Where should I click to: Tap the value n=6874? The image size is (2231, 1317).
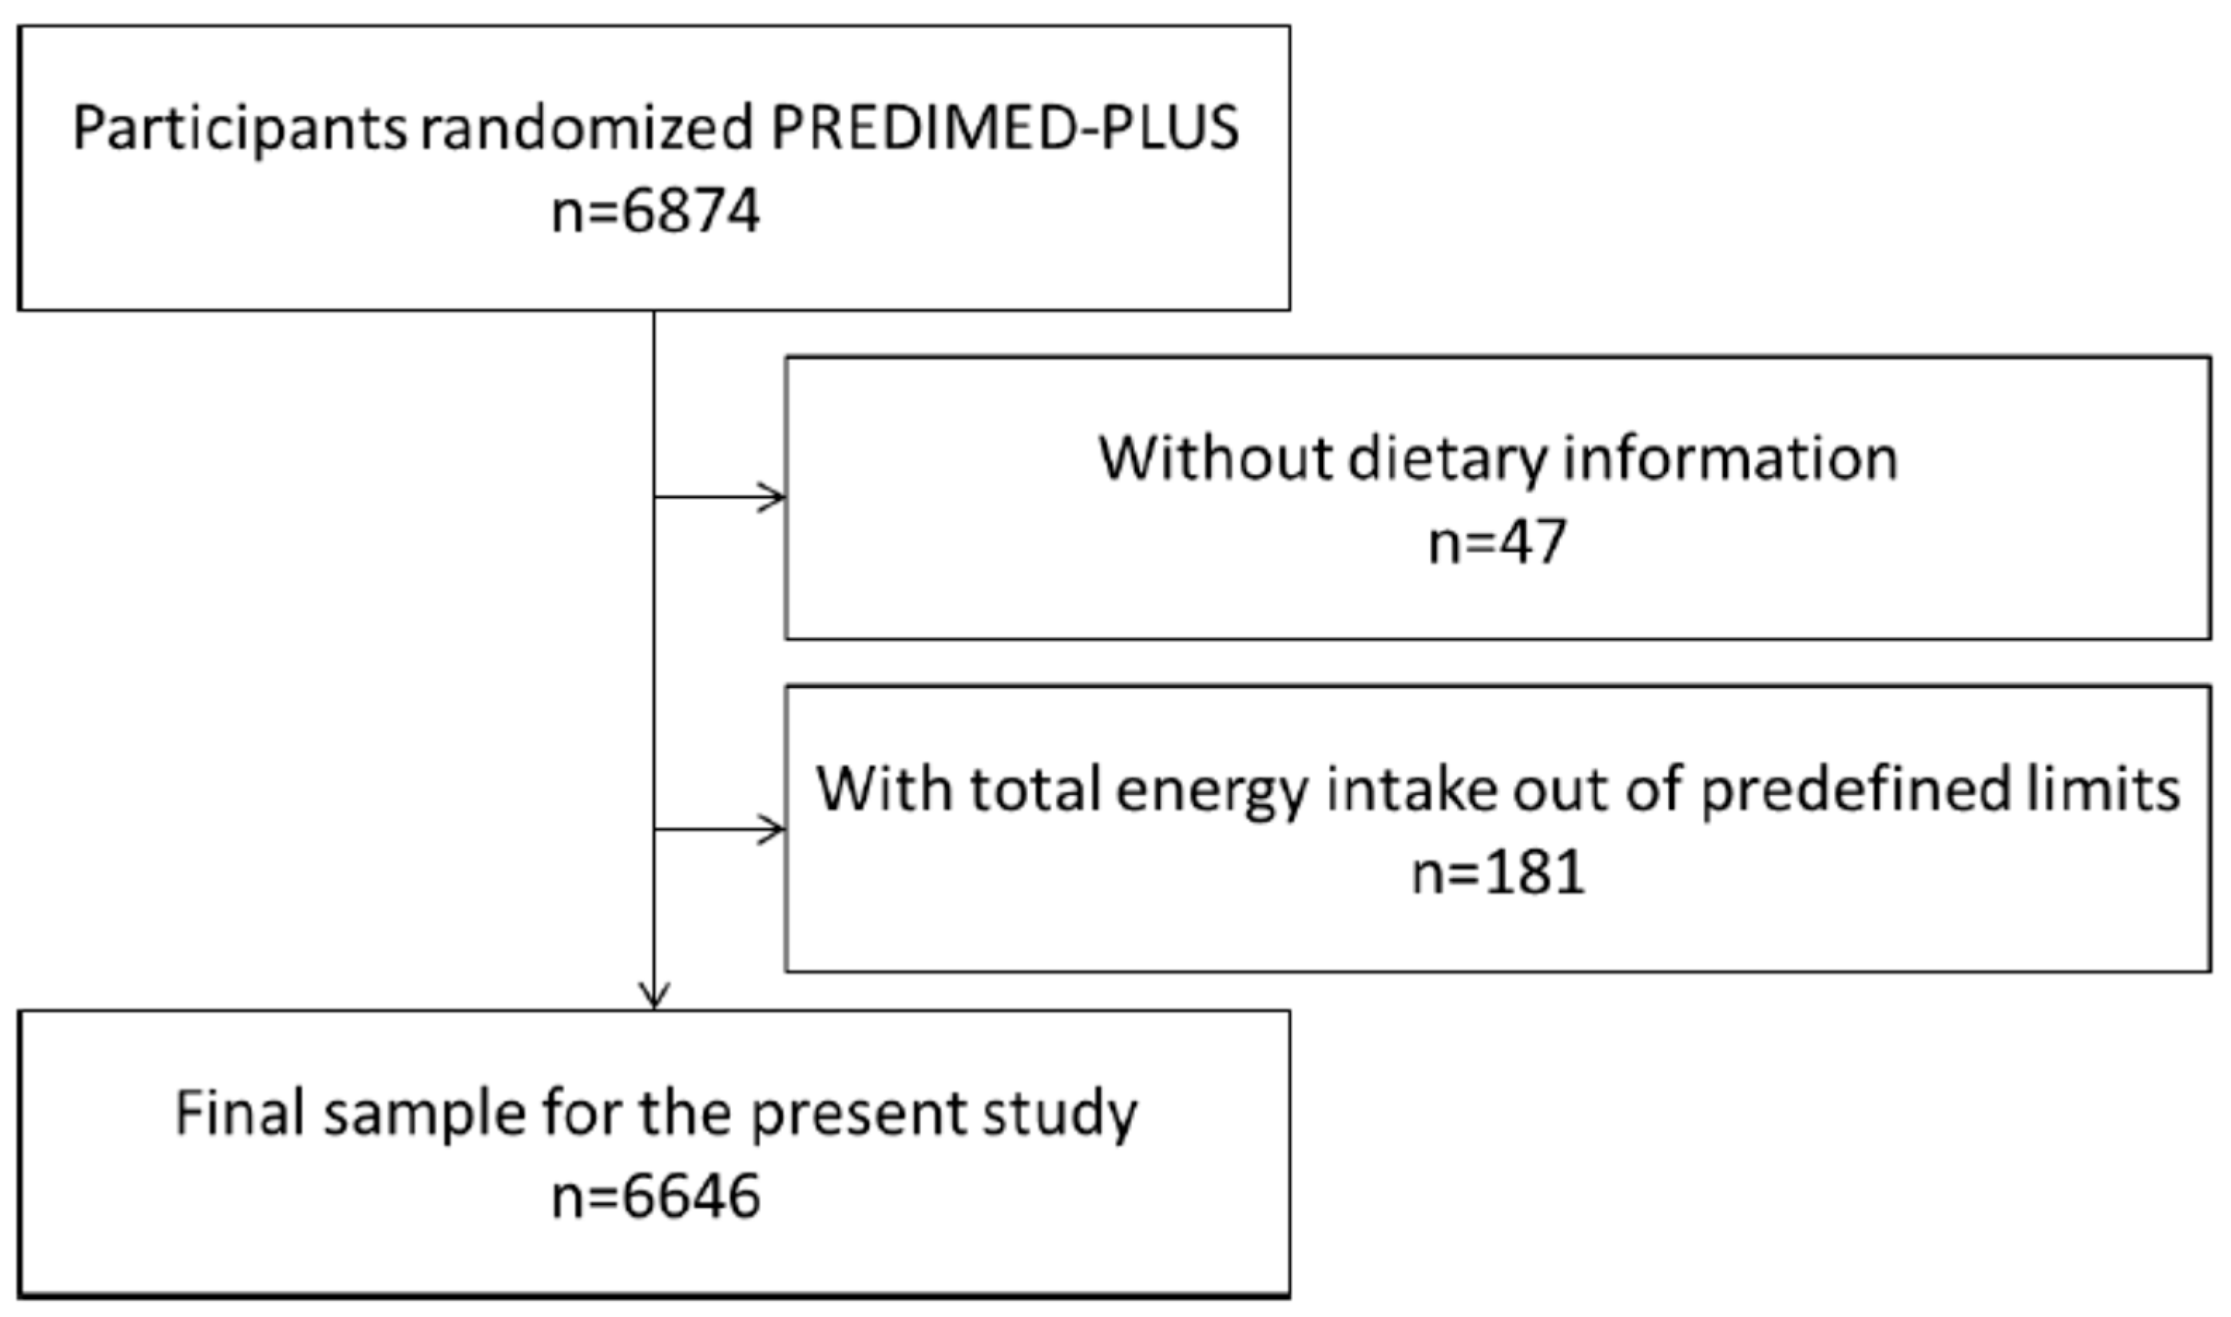coord(655,213)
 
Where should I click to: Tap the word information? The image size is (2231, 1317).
coord(1729,459)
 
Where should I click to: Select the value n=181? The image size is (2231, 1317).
coord(1498,873)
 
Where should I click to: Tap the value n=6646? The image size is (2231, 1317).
coord(655,1197)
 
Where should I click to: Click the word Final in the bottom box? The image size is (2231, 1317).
coord(240,1113)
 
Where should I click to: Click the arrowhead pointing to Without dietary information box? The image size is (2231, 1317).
coord(774,497)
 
